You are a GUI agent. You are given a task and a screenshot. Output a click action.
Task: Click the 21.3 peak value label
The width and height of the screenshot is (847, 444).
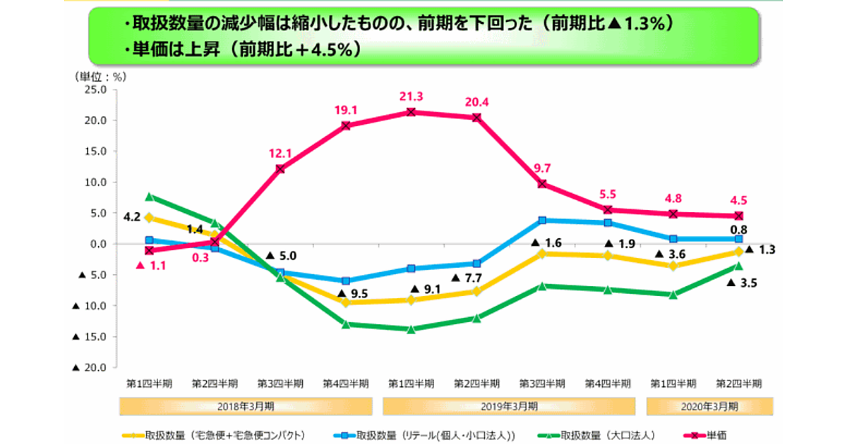coord(411,96)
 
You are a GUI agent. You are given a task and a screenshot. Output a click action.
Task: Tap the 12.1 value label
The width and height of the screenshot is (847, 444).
coord(280,154)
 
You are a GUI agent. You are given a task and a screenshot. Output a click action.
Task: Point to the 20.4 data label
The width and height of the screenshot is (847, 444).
coord(476,101)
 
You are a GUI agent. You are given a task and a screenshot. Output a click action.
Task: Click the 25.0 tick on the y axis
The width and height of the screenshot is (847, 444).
coord(95,90)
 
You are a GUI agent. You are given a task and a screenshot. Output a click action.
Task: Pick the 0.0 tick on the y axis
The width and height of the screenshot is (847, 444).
coord(97,244)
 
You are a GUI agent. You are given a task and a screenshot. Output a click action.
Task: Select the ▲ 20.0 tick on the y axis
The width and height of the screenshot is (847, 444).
coord(90,368)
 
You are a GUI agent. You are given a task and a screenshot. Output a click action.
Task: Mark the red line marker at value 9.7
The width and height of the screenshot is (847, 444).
coord(542,183)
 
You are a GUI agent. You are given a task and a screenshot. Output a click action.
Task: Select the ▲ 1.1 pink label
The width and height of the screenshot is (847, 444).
coord(150,266)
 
